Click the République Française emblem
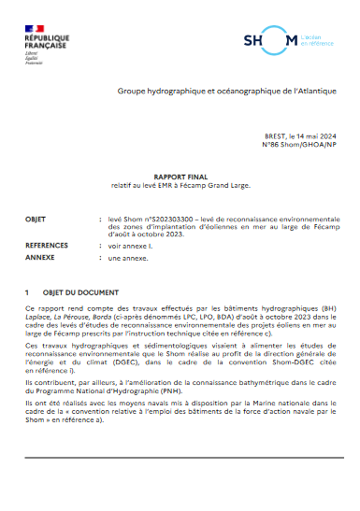[x=43, y=40]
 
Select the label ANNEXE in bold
[x=41, y=256]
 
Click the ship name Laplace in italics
[x=39, y=317]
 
